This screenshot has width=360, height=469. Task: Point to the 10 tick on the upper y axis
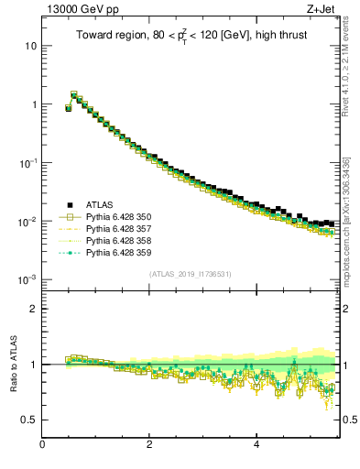(31, 46)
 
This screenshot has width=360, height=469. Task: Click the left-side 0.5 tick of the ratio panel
(30, 420)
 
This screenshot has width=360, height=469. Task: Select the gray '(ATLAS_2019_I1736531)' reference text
(190, 274)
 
